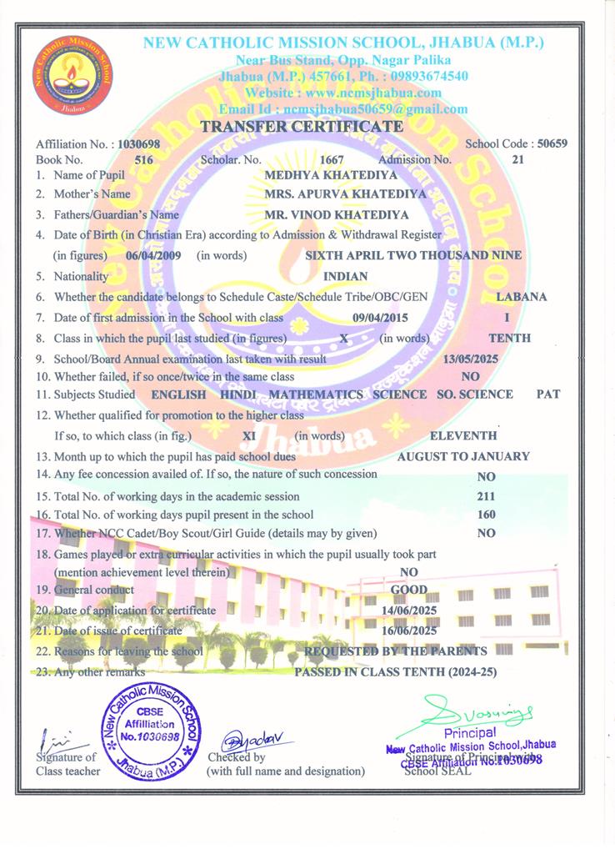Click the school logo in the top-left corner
click(65, 75)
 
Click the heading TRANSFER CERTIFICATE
click(302, 127)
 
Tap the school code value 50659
click(552, 143)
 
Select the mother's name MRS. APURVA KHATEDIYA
click(344, 193)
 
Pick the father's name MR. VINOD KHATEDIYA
click(337, 214)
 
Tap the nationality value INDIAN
click(345, 276)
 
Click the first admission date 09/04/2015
click(380, 318)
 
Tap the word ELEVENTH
click(463, 435)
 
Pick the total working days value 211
click(487, 496)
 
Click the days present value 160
click(487, 515)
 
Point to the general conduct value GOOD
click(409, 590)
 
